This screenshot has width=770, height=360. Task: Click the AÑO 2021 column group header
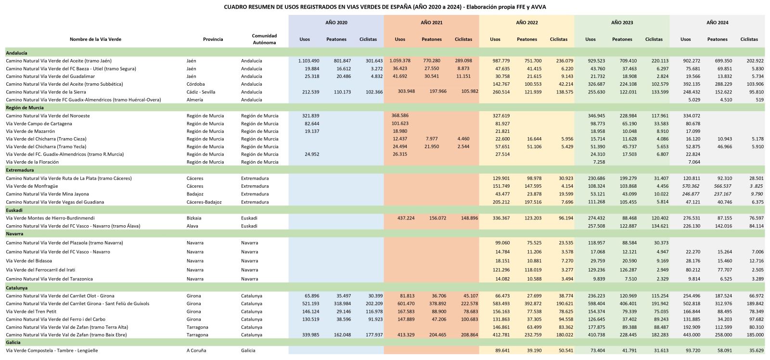click(431, 23)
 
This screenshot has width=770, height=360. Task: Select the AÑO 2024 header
click(717, 23)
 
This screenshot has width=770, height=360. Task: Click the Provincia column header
click(213, 39)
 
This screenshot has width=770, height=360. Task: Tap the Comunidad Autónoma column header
click(264, 39)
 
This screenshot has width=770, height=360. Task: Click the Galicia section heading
click(13, 343)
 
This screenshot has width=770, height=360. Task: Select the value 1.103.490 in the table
click(308, 61)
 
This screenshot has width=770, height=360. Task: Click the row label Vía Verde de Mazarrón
click(30, 131)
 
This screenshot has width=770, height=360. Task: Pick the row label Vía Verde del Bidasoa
click(29, 261)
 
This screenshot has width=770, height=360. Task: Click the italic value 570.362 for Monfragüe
click(691, 186)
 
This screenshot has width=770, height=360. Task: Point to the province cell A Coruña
click(196, 351)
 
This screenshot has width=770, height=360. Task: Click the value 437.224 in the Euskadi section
click(406, 218)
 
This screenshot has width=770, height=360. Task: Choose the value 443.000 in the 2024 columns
click(691, 335)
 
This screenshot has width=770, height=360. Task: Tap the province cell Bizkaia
click(194, 218)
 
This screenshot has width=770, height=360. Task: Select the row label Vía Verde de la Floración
click(32, 162)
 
